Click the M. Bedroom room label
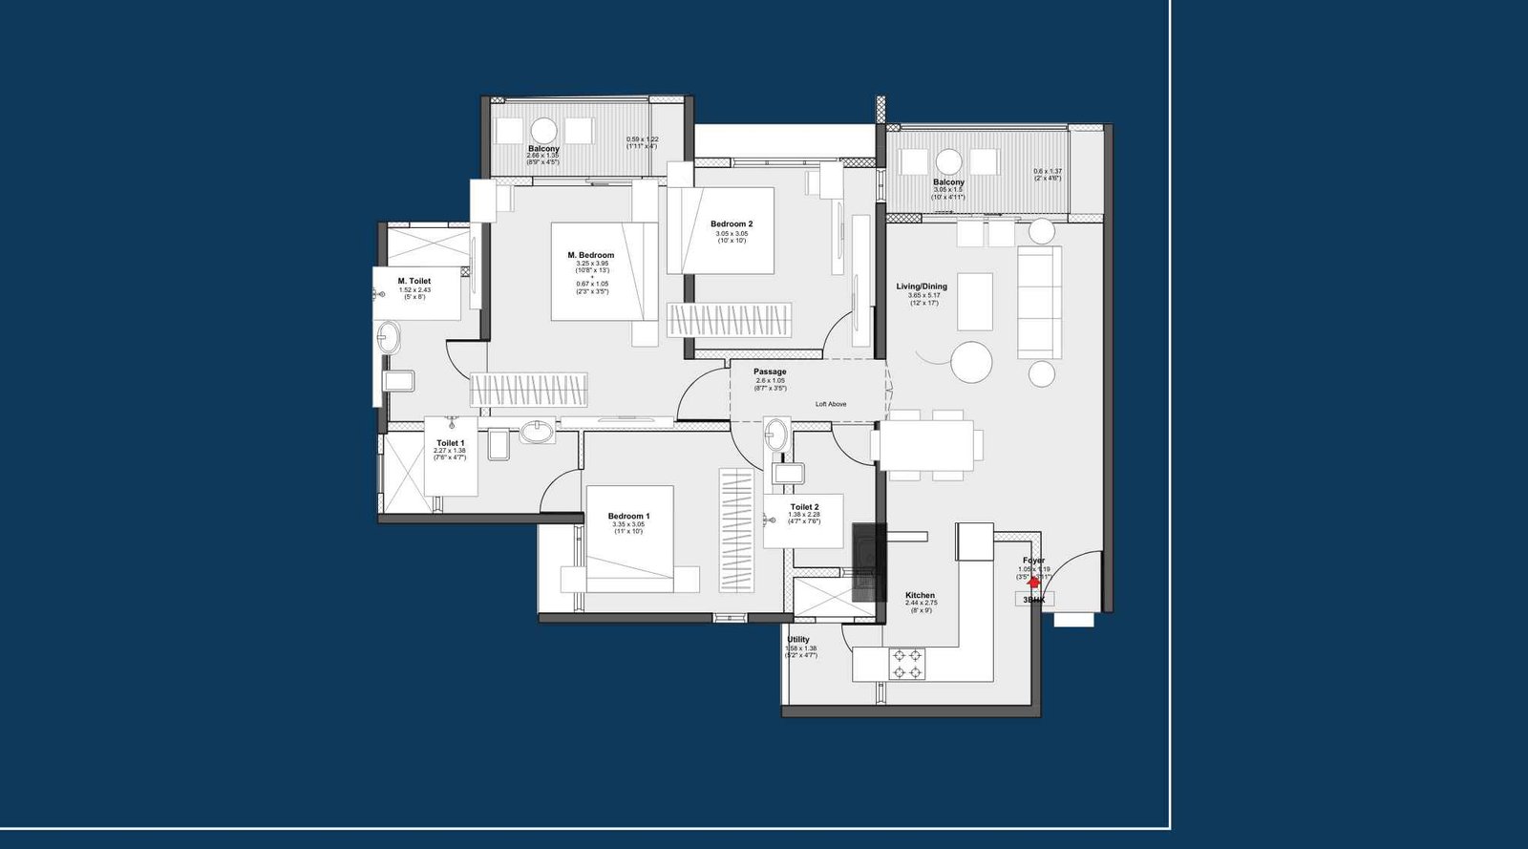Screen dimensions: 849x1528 (590, 255)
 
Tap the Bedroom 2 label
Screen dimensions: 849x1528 (732, 224)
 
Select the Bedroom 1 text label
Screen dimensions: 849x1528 (628, 517)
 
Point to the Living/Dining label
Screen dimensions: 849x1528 (922, 287)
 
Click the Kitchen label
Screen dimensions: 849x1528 (921, 595)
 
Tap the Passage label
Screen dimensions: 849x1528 (770, 371)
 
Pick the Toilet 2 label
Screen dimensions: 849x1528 (804, 507)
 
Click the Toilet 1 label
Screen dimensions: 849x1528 (450, 443)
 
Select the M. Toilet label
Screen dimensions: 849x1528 (414, 281)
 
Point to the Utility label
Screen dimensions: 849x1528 (798, 640)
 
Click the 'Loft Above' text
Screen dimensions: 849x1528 (831, 404)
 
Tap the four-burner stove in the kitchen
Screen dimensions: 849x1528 (906, 664)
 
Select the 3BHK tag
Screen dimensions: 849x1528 (1034, 600)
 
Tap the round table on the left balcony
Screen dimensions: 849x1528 (543, 131)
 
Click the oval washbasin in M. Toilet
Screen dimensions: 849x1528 (389, 337)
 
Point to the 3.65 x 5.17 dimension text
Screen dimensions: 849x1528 (923, 295)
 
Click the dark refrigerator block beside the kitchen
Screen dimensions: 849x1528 (868, 562)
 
